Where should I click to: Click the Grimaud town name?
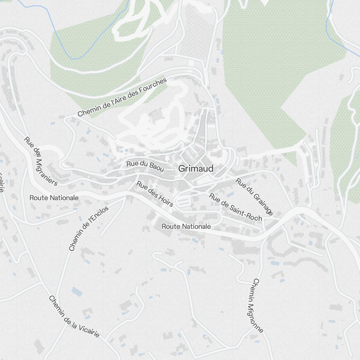[196, 168]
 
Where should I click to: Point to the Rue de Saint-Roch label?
[235, 207]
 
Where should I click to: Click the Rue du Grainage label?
[254, 196]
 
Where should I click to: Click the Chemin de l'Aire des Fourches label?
[122, 98]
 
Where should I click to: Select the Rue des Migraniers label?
[41, 161]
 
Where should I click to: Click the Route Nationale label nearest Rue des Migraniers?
[54, 198]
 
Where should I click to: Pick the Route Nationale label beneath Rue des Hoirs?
[186, 226]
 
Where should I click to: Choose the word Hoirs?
[165, 201]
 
